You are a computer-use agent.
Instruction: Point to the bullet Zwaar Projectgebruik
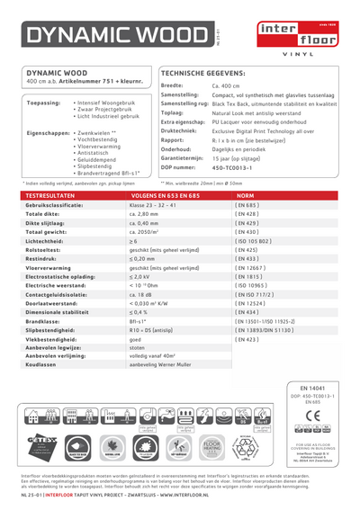pos(103,110)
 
